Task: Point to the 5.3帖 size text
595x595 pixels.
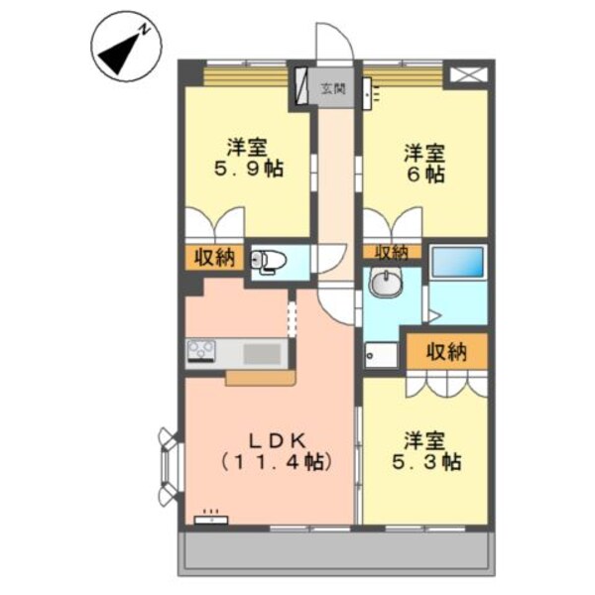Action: (x=423, y=461)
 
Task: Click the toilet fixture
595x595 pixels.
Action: (x=270, y=261)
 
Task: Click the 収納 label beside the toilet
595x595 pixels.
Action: (x=213, y=258)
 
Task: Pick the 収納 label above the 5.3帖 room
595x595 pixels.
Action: (x=446, y=350)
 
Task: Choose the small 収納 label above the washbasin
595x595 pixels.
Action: (x=391, y=252)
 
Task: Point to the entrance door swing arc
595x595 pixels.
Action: (x=331, y=42)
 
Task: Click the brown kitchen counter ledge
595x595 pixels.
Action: (x=260, y=377)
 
